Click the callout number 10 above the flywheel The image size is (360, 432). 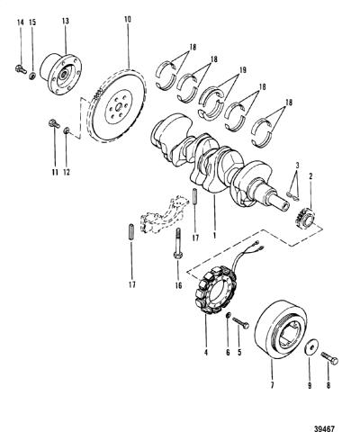click(127, 20)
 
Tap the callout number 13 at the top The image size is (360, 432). click(66, 22)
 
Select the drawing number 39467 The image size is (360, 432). click(324, 428)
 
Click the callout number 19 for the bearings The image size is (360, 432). click(242, 70)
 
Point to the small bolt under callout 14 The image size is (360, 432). click(21, 69)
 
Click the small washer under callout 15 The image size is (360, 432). click(32, 76)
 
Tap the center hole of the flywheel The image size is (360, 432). click(119, 107)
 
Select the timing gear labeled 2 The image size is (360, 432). click(304, 218)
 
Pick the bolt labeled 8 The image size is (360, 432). click(329, 358)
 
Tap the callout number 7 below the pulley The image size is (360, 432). click(272, 385)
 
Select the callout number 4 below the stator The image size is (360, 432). click(206, 353)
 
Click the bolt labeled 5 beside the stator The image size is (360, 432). click(240, 322)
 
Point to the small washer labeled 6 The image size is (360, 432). click(228, 315)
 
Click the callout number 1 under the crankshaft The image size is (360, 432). click(214, 235)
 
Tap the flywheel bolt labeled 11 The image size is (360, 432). click(54, 123)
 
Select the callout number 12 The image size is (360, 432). click(66, 172)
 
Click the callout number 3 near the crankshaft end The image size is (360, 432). click(297, 165)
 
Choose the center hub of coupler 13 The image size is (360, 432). click(63, 75)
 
